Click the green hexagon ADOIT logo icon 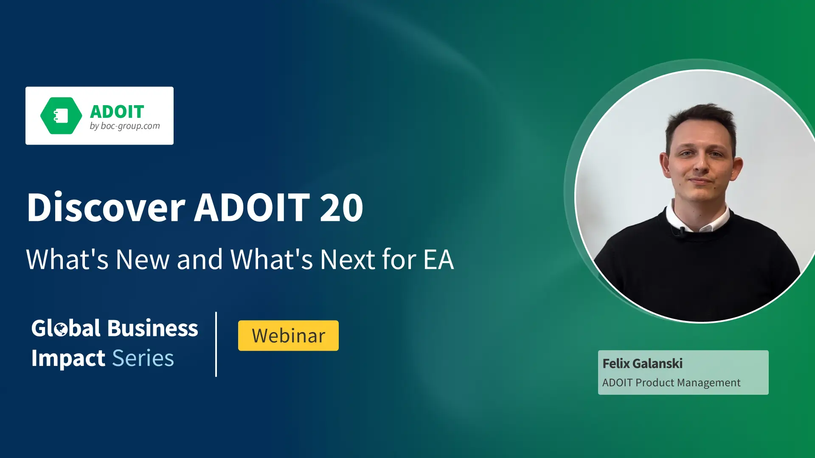[61, 116]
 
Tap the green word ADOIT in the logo [117, 112]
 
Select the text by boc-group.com [124, 126]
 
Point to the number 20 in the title [342, 207]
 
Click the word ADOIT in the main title [252, 207]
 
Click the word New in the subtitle [143, 259]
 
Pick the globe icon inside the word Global [61, 329]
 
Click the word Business [153, 328]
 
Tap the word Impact [68, 359]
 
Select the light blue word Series [143, 358]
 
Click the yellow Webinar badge [288, 335]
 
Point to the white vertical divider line [216, 344]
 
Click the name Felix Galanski [643, 363]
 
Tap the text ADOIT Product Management [671, 383]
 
